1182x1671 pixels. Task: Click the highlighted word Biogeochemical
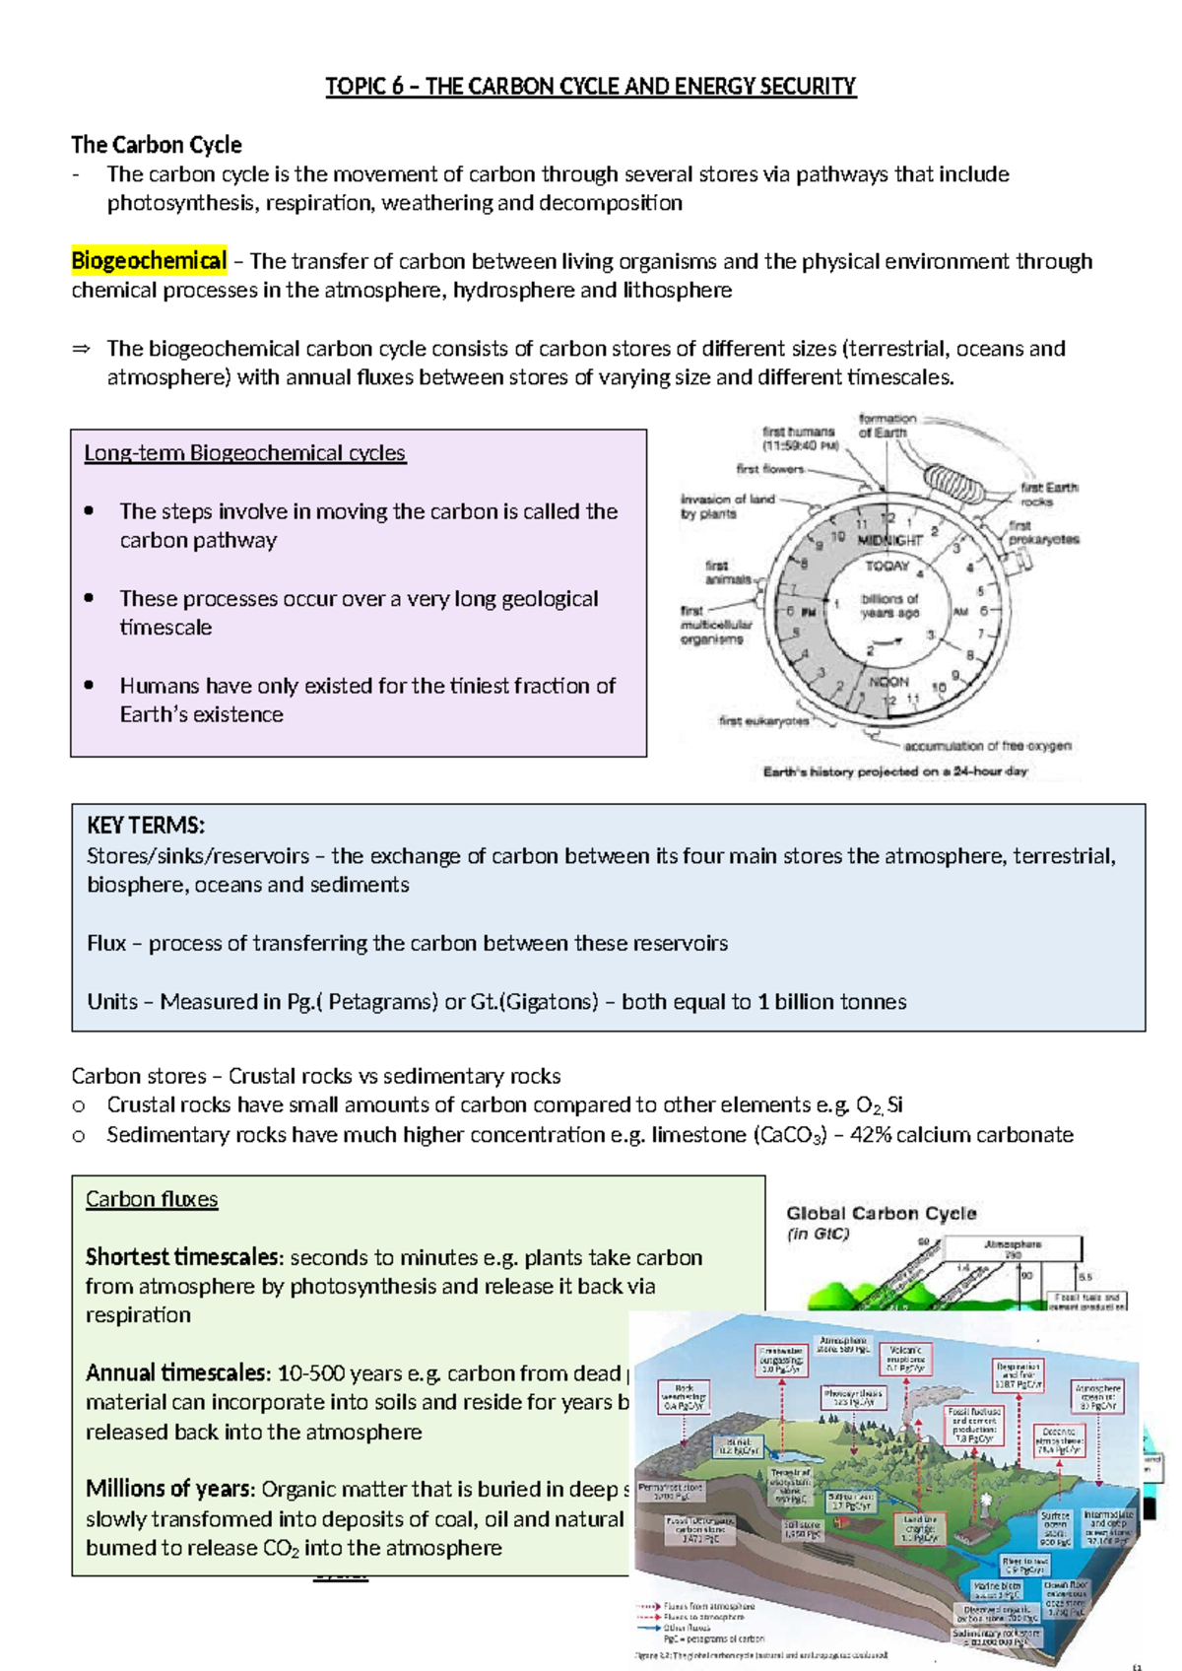click(149, 261)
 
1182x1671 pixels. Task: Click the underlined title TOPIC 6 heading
click(591, 87)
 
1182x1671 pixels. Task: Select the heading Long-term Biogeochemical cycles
click(244, 453)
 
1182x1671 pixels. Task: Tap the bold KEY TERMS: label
click(146, 826)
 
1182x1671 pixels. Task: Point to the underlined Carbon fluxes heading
click(152, 1199)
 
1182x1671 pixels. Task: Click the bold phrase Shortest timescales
click(183, 1257)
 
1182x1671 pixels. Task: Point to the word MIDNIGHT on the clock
click(889, 540)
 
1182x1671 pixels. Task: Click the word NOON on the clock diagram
click(888, 682)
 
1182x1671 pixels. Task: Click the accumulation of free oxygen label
click(987, 746)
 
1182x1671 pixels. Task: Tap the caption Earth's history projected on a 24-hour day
click(894, 771)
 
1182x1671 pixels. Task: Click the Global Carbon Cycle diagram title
click(881, 1214)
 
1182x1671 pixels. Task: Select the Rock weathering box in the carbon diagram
click(684, 1397)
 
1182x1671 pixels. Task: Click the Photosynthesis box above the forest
click(853, 1397)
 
